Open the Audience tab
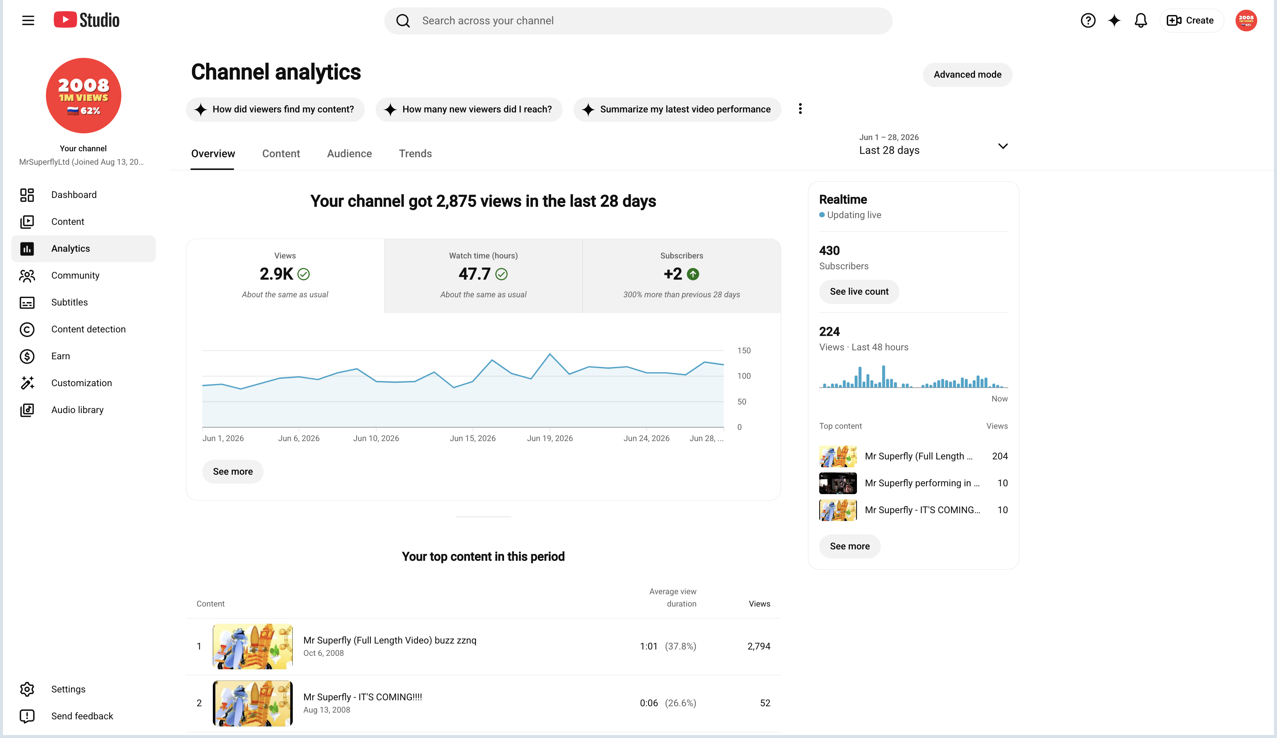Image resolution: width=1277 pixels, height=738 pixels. [x=349, y=154]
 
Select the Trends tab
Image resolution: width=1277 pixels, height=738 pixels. [x=415, y=154]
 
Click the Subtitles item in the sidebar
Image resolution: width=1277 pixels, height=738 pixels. [x=69, y=302]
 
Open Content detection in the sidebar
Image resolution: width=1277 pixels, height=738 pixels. [x=88, y=329]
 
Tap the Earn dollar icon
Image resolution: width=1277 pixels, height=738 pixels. [x=27, y=356]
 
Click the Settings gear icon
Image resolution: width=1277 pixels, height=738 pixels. [x=27, y=689]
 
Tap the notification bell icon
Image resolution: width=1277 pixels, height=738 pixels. [x=1140, y=20]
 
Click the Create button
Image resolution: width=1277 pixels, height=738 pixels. [x=1191, y=20]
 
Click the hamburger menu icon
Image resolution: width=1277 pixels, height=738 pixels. [x=28, y=20]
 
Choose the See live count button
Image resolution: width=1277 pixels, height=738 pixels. [x=859, y=291]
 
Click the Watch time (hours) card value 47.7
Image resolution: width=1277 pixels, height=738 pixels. [x=474, y=274]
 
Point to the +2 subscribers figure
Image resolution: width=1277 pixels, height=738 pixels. [x=673, y=274]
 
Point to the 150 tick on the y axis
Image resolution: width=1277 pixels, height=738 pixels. [x=744, y=350]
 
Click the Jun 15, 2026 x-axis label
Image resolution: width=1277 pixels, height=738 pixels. [x=472, y=438]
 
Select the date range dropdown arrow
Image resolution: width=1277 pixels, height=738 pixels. [x=1002, y=146]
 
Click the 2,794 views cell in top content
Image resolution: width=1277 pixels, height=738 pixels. [x=759, y=646]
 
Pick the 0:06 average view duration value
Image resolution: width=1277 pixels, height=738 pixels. [x=649, y=703]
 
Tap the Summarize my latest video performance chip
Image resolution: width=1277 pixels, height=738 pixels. [x=677, y=109]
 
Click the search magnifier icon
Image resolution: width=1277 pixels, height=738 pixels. [x=403, y=21]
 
